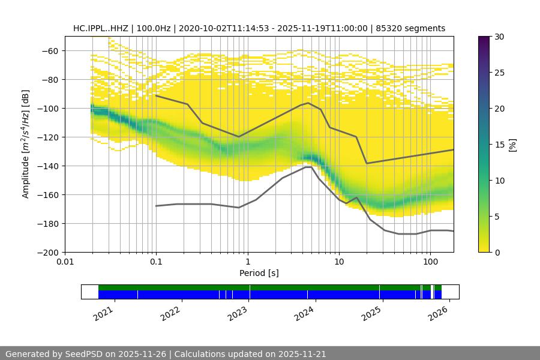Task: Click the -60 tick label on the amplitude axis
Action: point(50,51)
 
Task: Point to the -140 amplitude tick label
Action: point(47,166)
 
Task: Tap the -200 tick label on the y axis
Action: point(47,253)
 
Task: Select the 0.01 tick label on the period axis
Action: point(65,262)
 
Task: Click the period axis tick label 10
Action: point(339,262)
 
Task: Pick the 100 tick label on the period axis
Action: point(430,262)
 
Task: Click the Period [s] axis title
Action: point(259,273)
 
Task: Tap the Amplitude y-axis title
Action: point(25,144)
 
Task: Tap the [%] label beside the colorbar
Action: point(512,145)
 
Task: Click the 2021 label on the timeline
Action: point(104,313)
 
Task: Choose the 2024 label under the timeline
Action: point(305,313)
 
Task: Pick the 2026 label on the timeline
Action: point(439,313)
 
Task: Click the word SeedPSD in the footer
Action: point(86,354)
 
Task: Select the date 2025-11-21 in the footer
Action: point(302,354)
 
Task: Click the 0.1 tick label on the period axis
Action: point(156,262)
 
